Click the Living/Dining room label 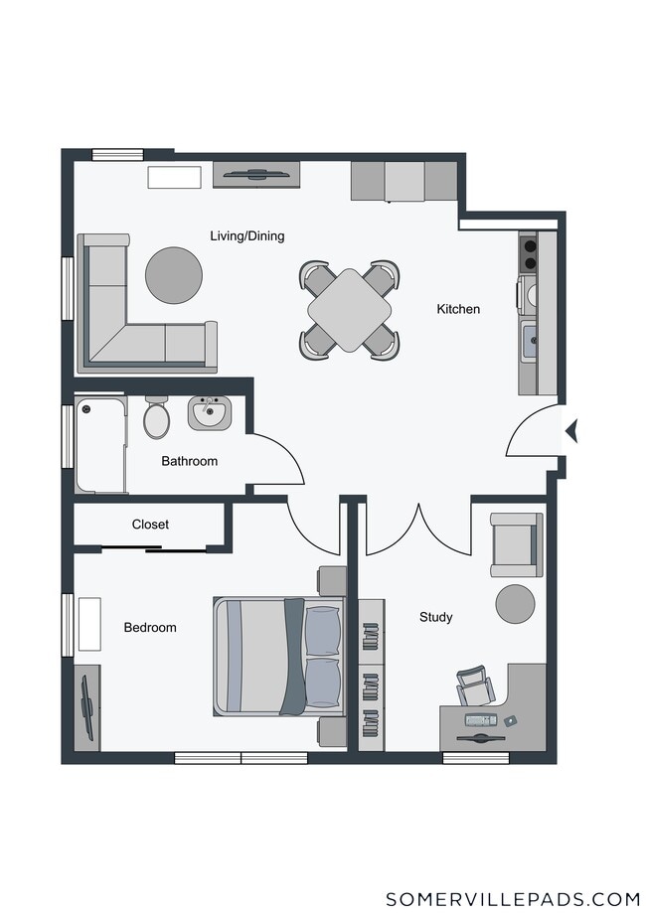pyautogui.click(x=247, y=235)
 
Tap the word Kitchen pyautogui.click(x=458, y=309)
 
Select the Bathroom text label pyautogui.click(x=189, y=461)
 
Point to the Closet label pyautogui.click(x=150, y=524)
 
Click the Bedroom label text pyautogui.click(x=150, y=627)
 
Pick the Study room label pyautogui.click(x=435, y=617)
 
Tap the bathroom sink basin pyautogui.click(x=209, y=413)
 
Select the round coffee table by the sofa pyautogui.click(x=174, y=275)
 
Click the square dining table pyautogui.click(x=350, y=310)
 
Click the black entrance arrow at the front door pyautogui.click(x=571, y=431)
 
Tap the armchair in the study pyautogui.click(x=516, y=545)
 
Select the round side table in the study pyautogui.click(x=515, y=604)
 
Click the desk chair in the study pyautogui.click(x=475, y=686)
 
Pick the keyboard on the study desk pyautogui.click(x=481, y=720)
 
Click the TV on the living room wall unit pyautogui.click(x=256, y=174)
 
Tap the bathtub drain pyautogui.click(x=86, y=409)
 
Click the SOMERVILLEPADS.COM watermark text pyautogui.click(x=513, y=898)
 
